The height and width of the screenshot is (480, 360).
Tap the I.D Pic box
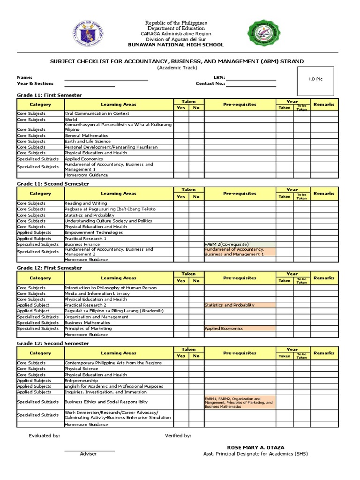(x=316, y=79)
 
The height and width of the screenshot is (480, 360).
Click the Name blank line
(x=106, y=78)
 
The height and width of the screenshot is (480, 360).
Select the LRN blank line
(x=251, y=78)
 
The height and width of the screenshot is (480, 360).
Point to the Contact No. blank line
(x=251, y=84)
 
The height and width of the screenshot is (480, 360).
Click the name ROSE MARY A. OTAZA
(x=255, y=448)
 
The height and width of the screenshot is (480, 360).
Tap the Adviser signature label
(x=89, y=454)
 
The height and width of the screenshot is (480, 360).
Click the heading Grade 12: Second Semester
(x=53, y=344)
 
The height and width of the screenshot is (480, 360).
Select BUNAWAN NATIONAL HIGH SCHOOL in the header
(x=176, y=45)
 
